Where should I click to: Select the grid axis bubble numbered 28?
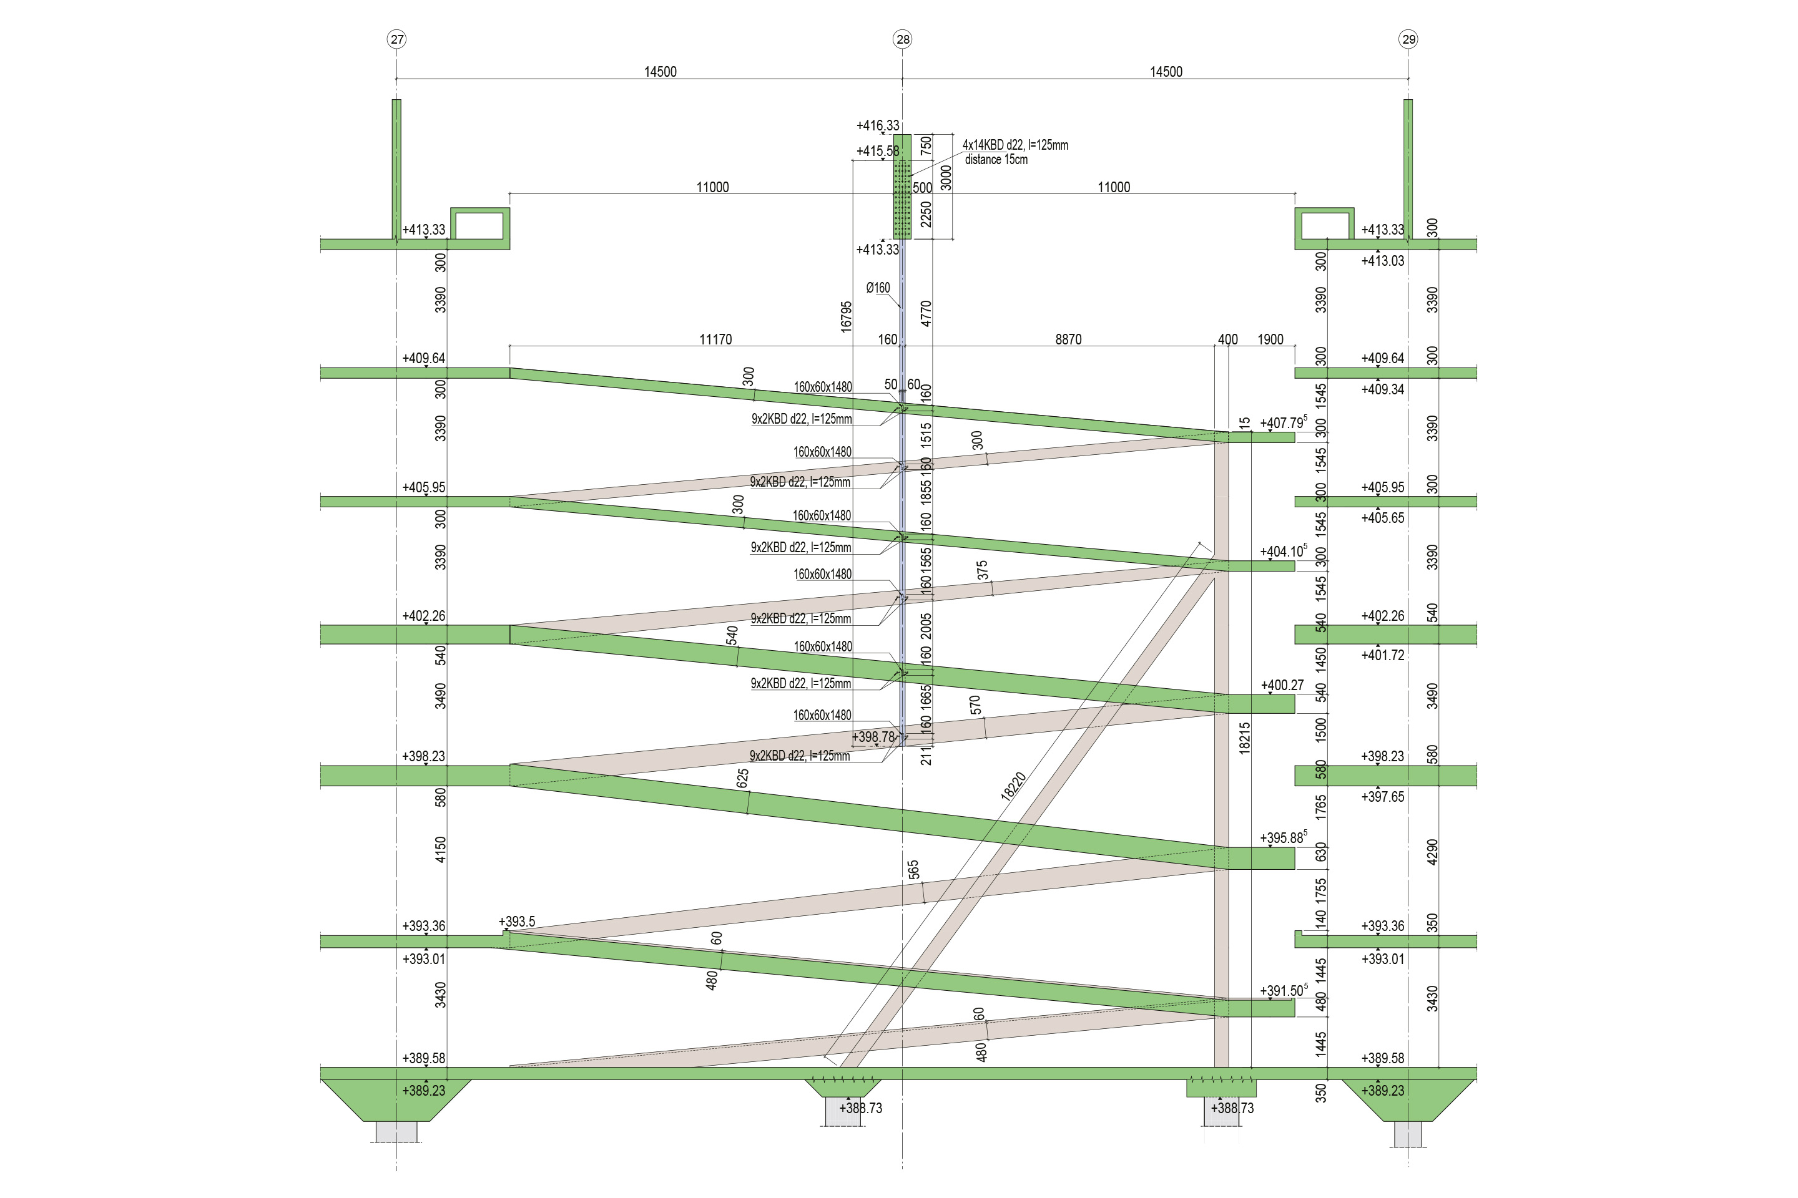[x=902, y=39]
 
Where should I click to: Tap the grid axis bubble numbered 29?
[x=1408, y=39]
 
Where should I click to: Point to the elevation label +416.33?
[x=878, y=125]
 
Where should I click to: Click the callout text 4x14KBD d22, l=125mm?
[x=1015, y=144]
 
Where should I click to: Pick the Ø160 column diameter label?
[x=878, y=288]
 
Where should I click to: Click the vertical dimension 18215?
[x=1244, y=739]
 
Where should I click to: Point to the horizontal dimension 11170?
[x=715, y=339]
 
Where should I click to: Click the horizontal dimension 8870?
[x=1068, y=339]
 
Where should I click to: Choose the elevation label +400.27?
[x=1282, y=685]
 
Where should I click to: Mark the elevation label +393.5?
[x=517, y=922]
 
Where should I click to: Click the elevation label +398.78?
[x=873, y=738]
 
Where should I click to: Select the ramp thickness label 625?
[x=742, y=779]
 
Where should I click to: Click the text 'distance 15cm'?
[x=996, y=160]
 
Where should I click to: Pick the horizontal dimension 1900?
[x=1270, y=339]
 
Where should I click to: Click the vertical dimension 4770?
[x=926, y=313]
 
